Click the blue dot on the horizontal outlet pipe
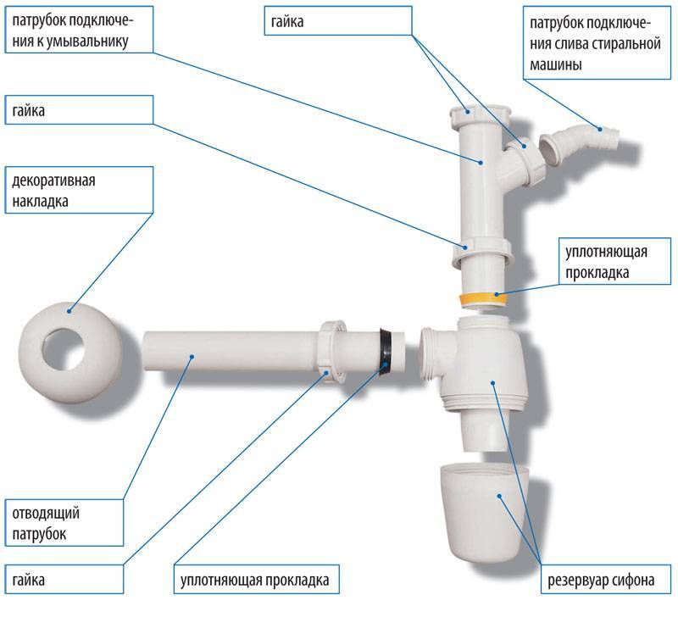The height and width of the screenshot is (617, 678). (192, 357)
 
